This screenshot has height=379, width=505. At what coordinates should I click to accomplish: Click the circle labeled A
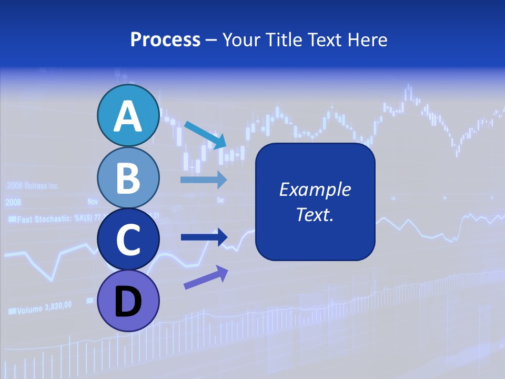pos(128,115)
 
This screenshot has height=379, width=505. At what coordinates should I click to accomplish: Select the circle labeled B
pos(128,177)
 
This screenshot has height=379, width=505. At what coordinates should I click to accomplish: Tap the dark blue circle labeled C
pos(128,239)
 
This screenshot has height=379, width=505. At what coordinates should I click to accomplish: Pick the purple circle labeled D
pos(128,301)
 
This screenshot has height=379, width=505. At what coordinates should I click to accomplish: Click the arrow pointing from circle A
pos(205,134)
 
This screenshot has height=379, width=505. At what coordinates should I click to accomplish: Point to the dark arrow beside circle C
pos(204,237)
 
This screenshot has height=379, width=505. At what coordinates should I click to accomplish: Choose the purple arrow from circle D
pos(206,277)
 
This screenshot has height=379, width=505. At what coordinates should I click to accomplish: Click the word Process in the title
pos(165,39)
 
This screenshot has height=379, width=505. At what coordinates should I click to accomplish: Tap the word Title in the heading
pos(282,39)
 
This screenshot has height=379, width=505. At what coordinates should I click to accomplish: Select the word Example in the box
pos(315,189)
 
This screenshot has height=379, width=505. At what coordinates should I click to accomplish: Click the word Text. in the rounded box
pos(315,214)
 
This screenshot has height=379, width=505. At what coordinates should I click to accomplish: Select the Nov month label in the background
pos(93,201)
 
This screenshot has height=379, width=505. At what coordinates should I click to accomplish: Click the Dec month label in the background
pos(221,201)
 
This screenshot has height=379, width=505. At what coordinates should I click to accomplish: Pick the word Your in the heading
pos(241,39)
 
